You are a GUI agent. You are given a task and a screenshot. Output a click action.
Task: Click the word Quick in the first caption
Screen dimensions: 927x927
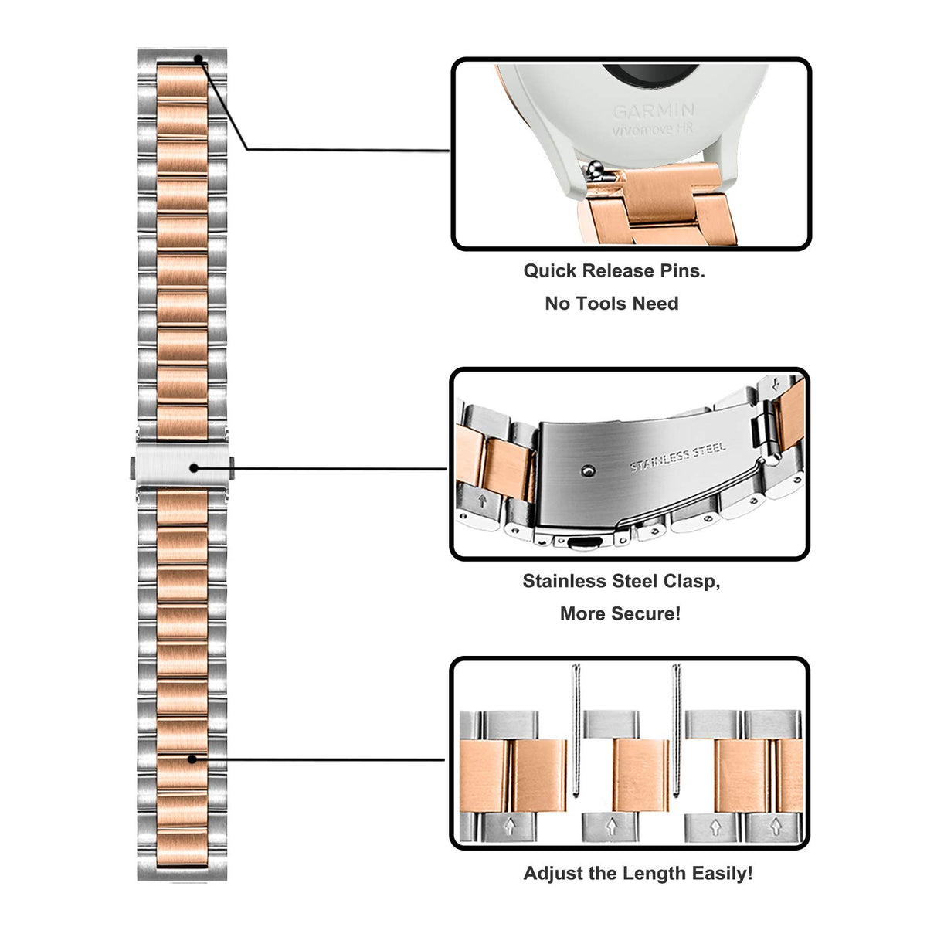tap(550, 271)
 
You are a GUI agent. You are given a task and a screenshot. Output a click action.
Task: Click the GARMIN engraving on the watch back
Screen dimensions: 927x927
tap(654, 111)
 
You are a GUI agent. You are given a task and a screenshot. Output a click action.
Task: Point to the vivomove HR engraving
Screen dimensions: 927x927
tap(654, 131)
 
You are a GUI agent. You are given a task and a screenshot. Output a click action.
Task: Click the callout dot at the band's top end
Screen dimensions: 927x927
tap(199, 59)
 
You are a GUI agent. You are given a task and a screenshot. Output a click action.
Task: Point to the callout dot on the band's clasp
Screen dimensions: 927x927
tap(194, 468)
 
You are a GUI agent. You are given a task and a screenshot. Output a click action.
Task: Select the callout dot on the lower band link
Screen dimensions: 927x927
tap(192, 759)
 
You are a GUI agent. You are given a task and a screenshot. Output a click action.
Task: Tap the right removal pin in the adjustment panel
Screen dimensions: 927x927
tap(677, 730)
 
